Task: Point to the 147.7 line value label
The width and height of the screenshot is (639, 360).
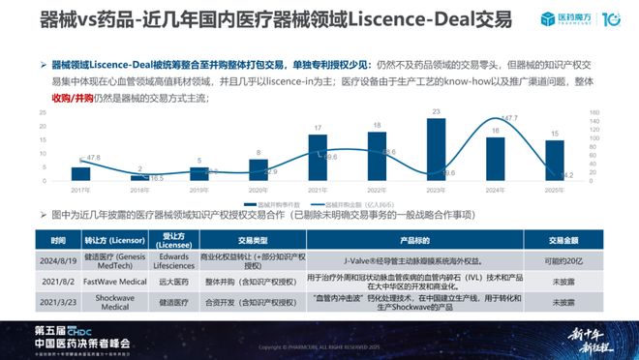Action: [x=509, y=119]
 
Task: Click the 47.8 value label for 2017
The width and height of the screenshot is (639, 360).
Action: [x=92, y=157]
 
